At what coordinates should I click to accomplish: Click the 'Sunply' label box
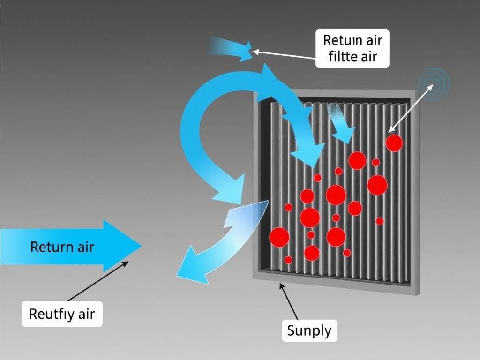309,331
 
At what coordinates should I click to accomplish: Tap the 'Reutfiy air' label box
61,314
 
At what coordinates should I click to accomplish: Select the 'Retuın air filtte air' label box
352,48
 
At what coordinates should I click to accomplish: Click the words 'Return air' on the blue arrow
62,247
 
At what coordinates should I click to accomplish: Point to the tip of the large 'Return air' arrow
140,246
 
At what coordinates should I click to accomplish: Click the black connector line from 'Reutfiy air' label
97,281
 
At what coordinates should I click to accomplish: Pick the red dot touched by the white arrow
394,143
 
